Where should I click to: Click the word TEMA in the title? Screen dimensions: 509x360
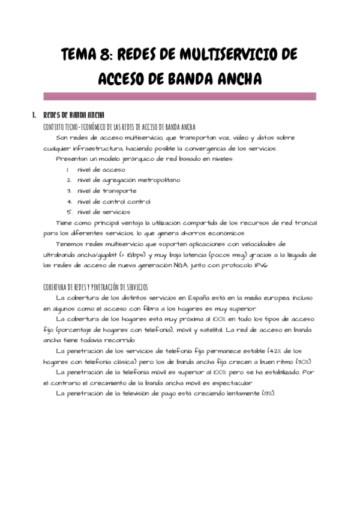[82, 56]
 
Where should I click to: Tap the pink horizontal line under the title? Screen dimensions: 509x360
[180, 95]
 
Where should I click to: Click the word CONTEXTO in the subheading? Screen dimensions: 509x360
[56, 127]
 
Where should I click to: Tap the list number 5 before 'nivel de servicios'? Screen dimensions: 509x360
[70, 211]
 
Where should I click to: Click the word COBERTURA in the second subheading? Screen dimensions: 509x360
[59, 287]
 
